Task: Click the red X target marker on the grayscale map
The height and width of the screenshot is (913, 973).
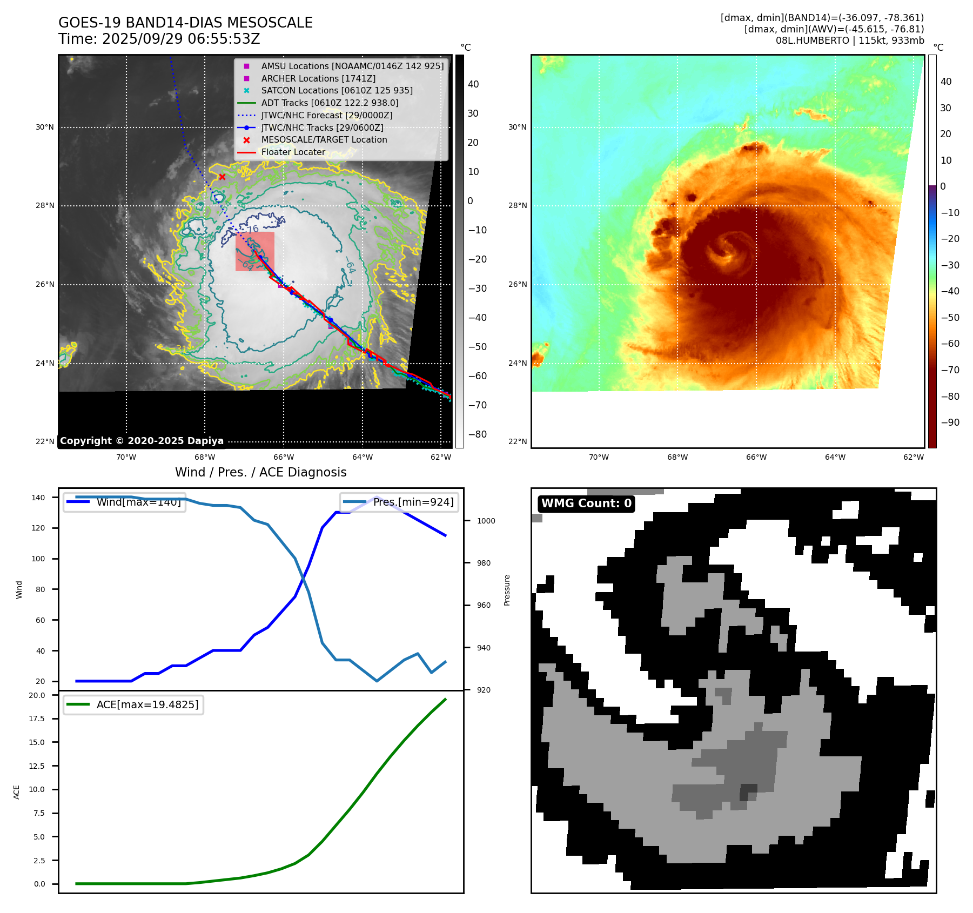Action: click(x=222, y=177)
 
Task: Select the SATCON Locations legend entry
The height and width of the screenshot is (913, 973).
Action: click(x=337, y=91)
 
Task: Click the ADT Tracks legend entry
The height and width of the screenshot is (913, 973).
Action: click(x=330, y=103)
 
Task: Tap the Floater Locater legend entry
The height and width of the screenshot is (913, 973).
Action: click(x=293, y=152)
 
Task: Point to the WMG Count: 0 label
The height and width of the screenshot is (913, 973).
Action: click(x=586, y=504)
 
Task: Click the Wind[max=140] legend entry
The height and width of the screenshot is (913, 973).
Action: click(x=138, y=502)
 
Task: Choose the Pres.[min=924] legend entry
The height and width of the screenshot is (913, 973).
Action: click(x=413, y=502)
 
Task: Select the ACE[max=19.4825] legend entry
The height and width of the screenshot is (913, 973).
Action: click(x=147, y=704)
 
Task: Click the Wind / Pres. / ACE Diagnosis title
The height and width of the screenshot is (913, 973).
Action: click(x=260, y=472)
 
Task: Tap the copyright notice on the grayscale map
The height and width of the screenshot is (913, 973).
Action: click(x=142, y=441)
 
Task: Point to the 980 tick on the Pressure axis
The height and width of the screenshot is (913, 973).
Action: click(x=484, y=563)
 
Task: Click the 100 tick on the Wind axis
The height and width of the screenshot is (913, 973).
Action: click(x=38, y=559)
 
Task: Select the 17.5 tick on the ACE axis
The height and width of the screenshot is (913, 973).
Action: click(x=37, y=719)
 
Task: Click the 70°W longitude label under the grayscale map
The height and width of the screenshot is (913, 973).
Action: click(x=126, y=457)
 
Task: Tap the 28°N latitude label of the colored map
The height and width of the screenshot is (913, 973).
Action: click(x=517, y=205)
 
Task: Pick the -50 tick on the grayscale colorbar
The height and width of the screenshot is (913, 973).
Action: click(x=477, y=347)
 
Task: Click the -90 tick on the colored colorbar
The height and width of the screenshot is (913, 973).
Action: click(x=950, y=422)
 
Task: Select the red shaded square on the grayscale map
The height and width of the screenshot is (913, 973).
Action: click(x=254, y=252)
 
